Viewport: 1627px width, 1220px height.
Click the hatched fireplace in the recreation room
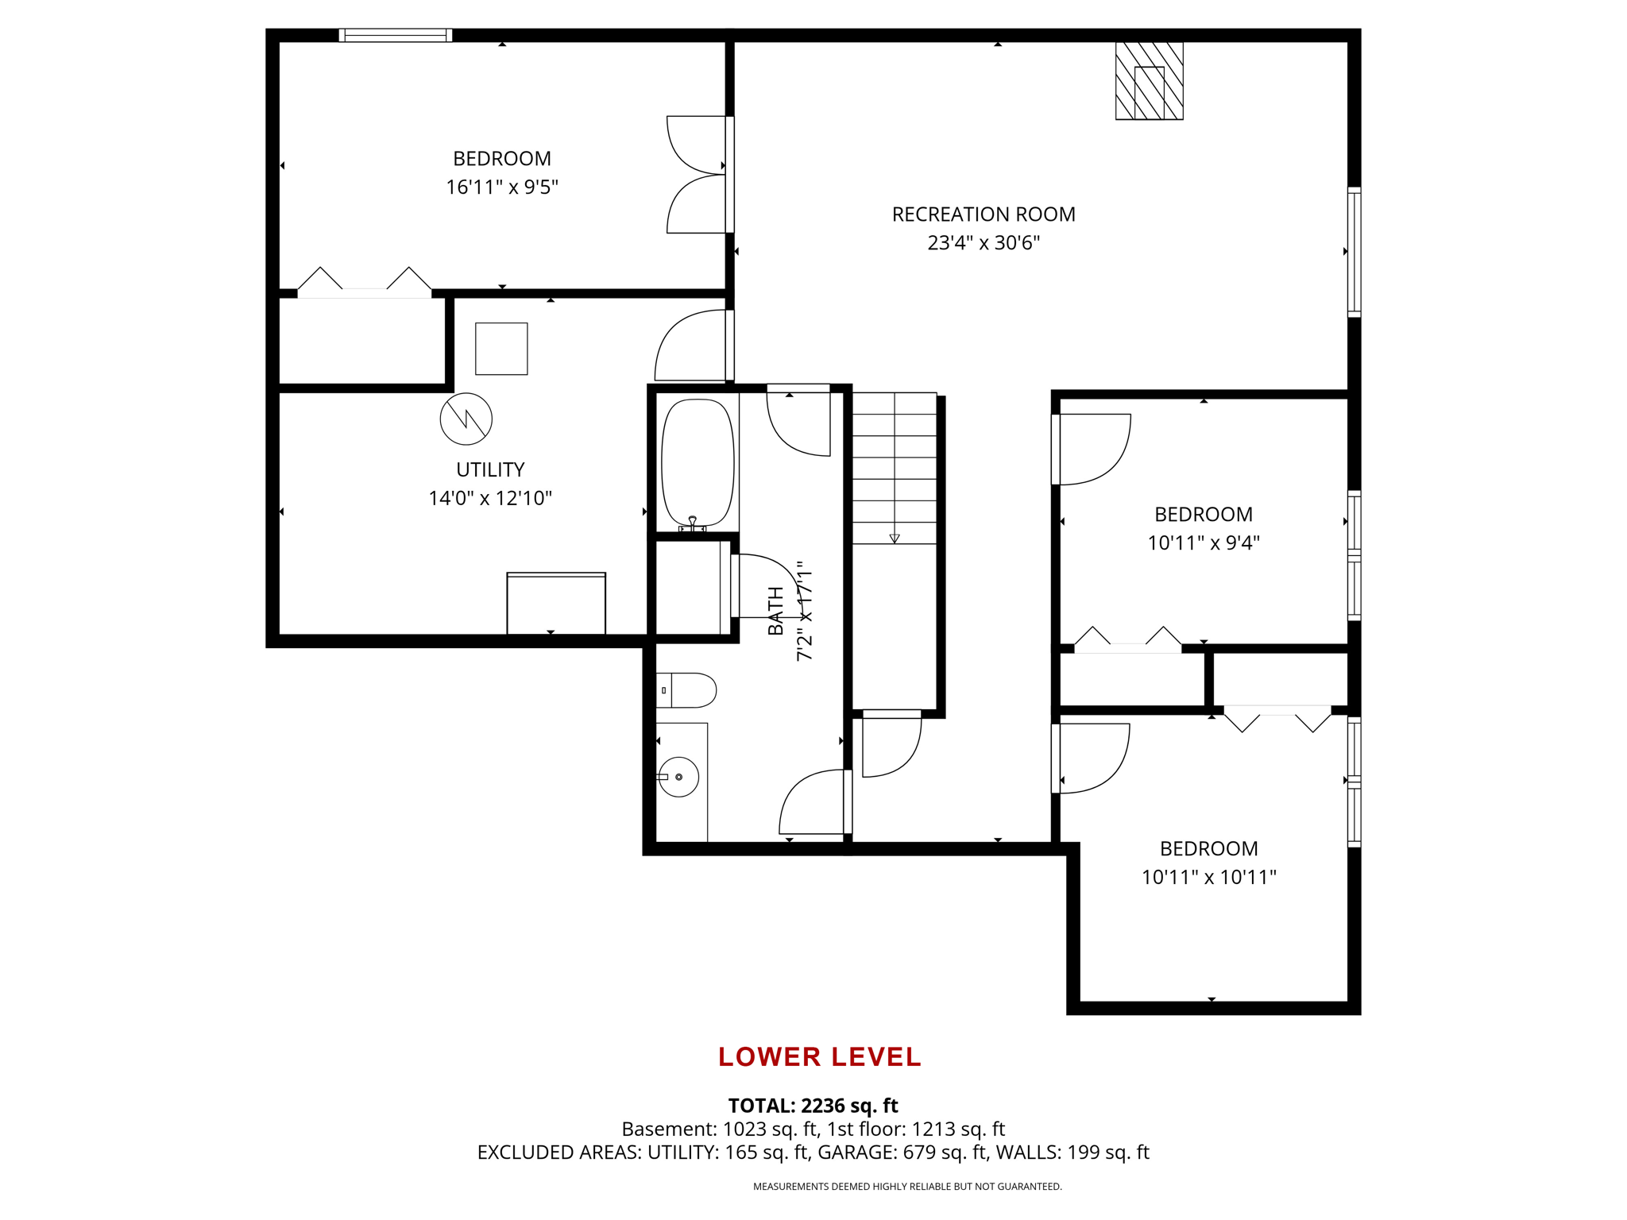1149,81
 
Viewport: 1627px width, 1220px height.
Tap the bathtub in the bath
698,462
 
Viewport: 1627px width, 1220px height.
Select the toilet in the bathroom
686,690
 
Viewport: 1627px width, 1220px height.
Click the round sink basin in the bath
679,777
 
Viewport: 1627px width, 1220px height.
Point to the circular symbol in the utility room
466,419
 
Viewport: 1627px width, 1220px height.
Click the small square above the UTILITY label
501,349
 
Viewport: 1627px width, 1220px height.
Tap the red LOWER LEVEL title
820,1056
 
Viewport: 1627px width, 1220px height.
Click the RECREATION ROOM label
984,214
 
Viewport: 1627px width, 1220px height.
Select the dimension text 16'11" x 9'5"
502,187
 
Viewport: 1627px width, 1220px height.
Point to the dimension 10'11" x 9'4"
1204,543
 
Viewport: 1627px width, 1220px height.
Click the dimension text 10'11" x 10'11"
1209,878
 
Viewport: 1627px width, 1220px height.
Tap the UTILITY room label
490,469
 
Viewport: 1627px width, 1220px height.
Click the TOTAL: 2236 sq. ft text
813,1106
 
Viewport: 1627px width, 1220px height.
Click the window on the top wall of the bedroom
396,35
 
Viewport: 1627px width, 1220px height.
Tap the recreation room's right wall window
1355,252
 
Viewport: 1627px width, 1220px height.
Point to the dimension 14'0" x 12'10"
490,499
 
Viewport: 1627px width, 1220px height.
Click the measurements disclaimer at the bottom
907,1187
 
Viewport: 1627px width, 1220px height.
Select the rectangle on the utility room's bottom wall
556,604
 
